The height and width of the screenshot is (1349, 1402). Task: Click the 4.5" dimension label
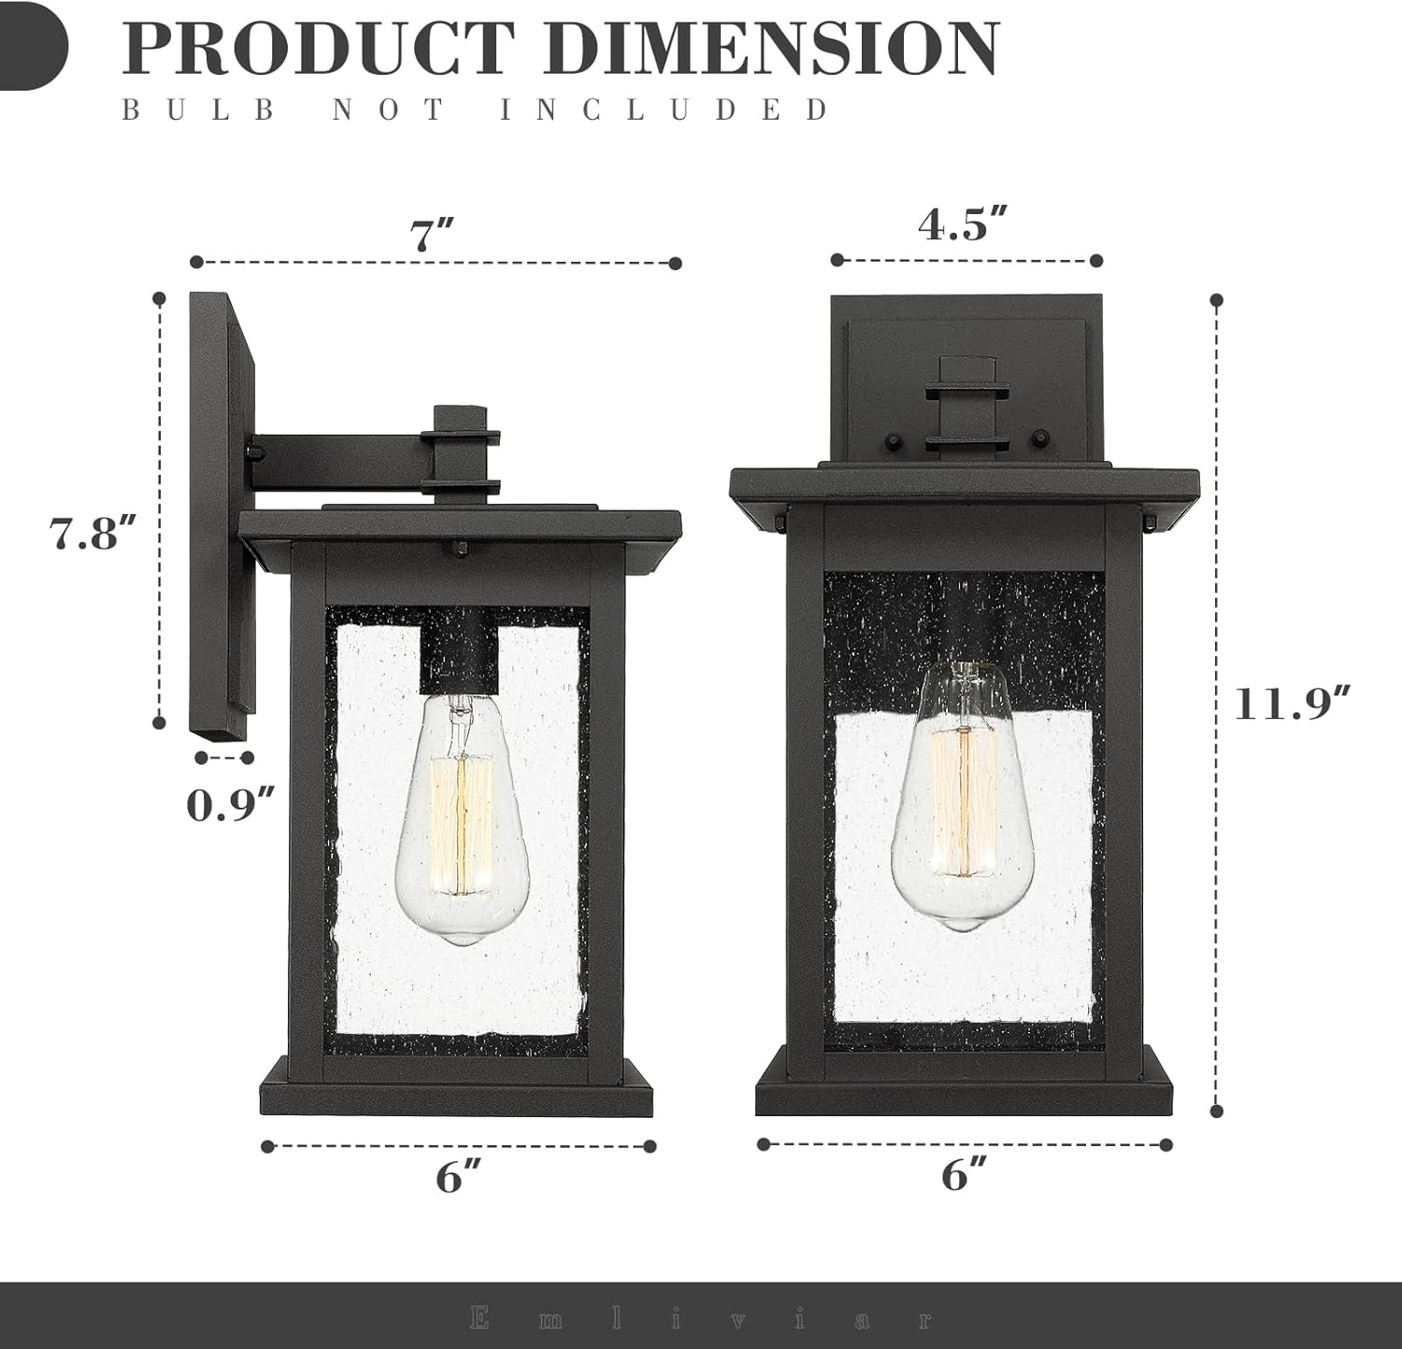(x=963, y=224)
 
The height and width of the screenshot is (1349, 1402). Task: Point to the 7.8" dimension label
(x=93, y=533)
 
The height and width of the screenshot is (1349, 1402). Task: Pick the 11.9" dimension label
(x=1293, y=703)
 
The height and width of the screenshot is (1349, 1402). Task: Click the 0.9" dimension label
(x=230, y=805)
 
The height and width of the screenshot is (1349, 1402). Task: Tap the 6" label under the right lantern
(x=965, y=1173)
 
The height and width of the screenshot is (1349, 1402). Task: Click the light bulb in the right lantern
(x=962, y=795)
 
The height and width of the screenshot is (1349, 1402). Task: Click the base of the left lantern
(x=456, y=1094)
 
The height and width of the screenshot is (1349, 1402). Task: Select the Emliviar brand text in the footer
(x=701, y=1319)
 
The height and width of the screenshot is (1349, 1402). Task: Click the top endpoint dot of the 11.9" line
(x=1216, y=300)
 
